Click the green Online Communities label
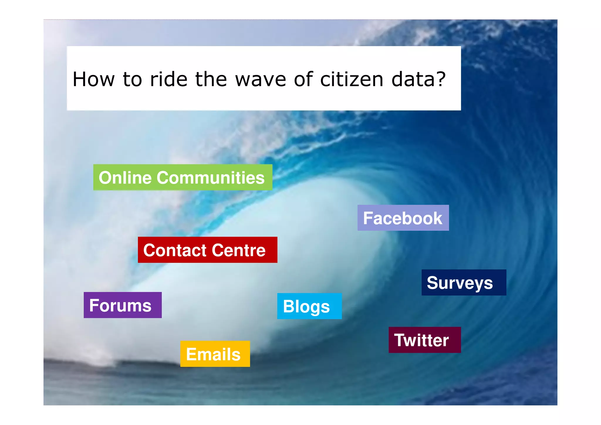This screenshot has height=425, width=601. (x=183, y=177)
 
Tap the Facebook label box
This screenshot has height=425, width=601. (x=403, y=218)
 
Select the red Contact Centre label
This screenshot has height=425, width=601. (x=207, y=250)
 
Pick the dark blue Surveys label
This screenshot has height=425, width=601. (x=464, y=283)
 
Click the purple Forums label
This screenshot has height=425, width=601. (x=122, y=305)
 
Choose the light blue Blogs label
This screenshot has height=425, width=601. (x=309, y=306)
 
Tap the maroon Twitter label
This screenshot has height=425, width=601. (x=424, y=340)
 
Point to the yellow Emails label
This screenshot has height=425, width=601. (x=215, y=354)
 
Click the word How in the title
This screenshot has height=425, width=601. (x=93, y=79)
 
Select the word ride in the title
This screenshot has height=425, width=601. (x=168, y=79)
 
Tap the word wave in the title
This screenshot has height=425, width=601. (x=261, y=80)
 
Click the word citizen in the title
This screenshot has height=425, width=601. (x=352, y=79)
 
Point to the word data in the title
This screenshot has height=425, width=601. (x=414, y=79)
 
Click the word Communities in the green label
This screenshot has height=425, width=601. (x=210, y=178)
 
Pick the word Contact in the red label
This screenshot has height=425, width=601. (x=175, y=250)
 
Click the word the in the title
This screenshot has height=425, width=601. (x=211, y=79)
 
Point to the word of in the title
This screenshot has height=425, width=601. (x=303, y=79)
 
